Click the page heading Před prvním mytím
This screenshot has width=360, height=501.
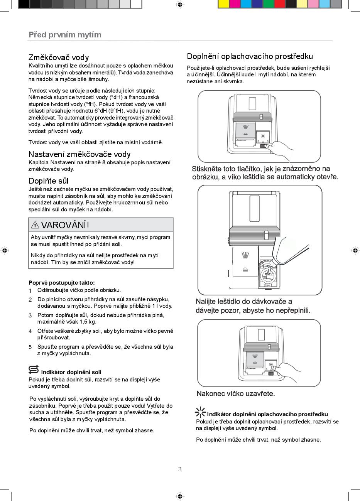pyautogui.click(x=65, y=35)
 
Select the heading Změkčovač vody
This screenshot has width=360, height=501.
pyautogui.click(x=59, y=57)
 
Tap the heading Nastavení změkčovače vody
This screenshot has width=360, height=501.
pyautogui.click(x=79, y=154)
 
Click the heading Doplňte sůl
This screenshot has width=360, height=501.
pyautogui.click(x=49, y=181)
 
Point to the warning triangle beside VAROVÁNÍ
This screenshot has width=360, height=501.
pyautogui.click(x=35, y=225)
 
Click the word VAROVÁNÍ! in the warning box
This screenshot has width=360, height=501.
pyautogui.click(x=65, y=225)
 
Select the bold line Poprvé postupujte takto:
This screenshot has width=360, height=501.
pyautogui.click(x=62, y=283)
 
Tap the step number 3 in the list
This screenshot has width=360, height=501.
pyautogui.click(x=30, y=315)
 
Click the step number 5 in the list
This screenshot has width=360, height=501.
pyautogui.click(x=30, y=347)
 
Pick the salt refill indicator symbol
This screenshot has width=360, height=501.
pyautogui.click(x=34, y=369)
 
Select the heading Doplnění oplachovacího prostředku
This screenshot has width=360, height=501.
pyautogui.click(x=250, y=57)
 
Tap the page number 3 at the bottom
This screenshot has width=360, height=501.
pyautogui.click(x=180, y=469)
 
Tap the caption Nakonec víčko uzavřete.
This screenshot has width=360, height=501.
pyautogui.click(x=236, y=394)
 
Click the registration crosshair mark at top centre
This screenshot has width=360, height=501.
pyautogui.click(x=180, y=4)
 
